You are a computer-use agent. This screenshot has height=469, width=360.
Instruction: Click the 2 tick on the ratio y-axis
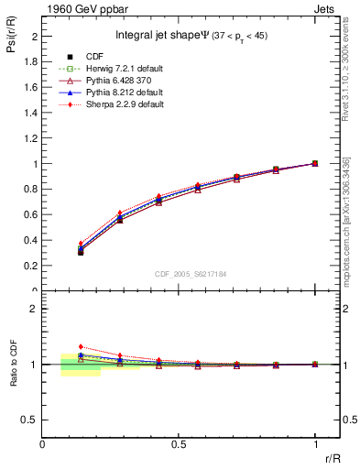point(35,309)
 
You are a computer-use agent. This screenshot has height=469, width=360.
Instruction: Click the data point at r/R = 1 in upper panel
point(315,163)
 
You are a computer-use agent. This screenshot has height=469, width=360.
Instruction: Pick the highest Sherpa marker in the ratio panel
point(81,346)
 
